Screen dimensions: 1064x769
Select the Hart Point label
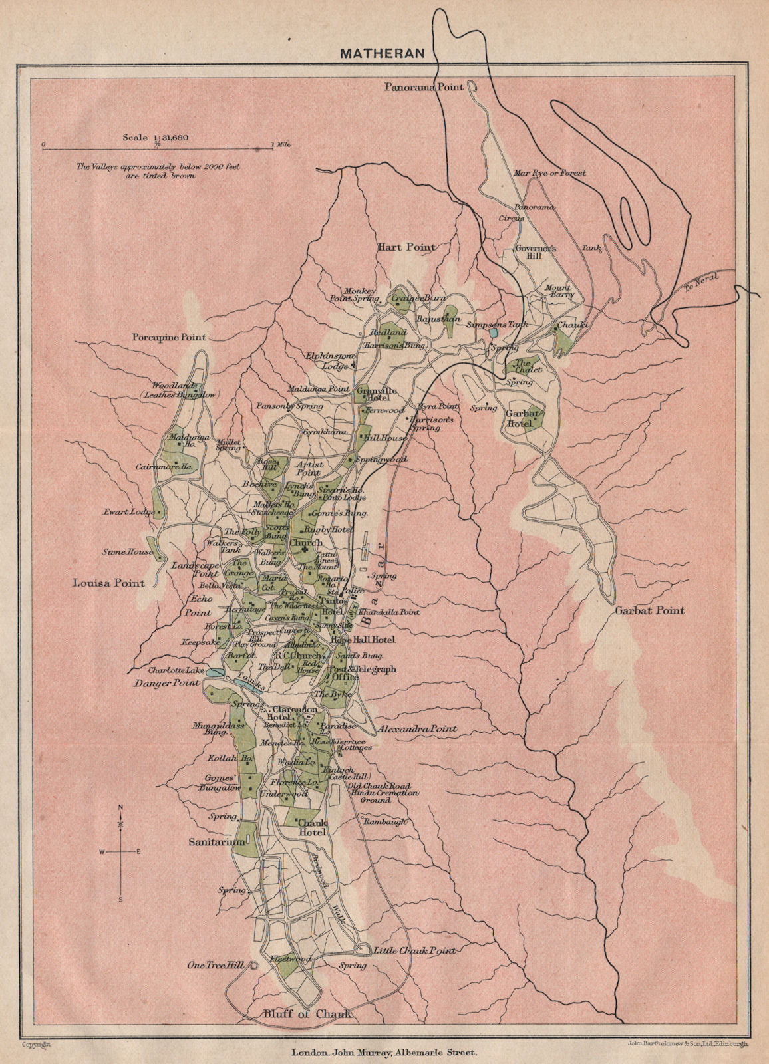coord(406,247)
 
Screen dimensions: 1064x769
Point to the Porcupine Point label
coord(169,337)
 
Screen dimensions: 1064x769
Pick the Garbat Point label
coord(649,610)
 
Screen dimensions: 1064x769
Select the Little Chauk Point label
coord(414,950)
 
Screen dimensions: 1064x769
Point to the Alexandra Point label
coord(417,729)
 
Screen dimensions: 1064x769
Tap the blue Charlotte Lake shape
coord(214,674)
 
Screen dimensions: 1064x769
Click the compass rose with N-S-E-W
coord(120,852)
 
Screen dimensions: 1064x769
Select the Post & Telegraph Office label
coord(363,673)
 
